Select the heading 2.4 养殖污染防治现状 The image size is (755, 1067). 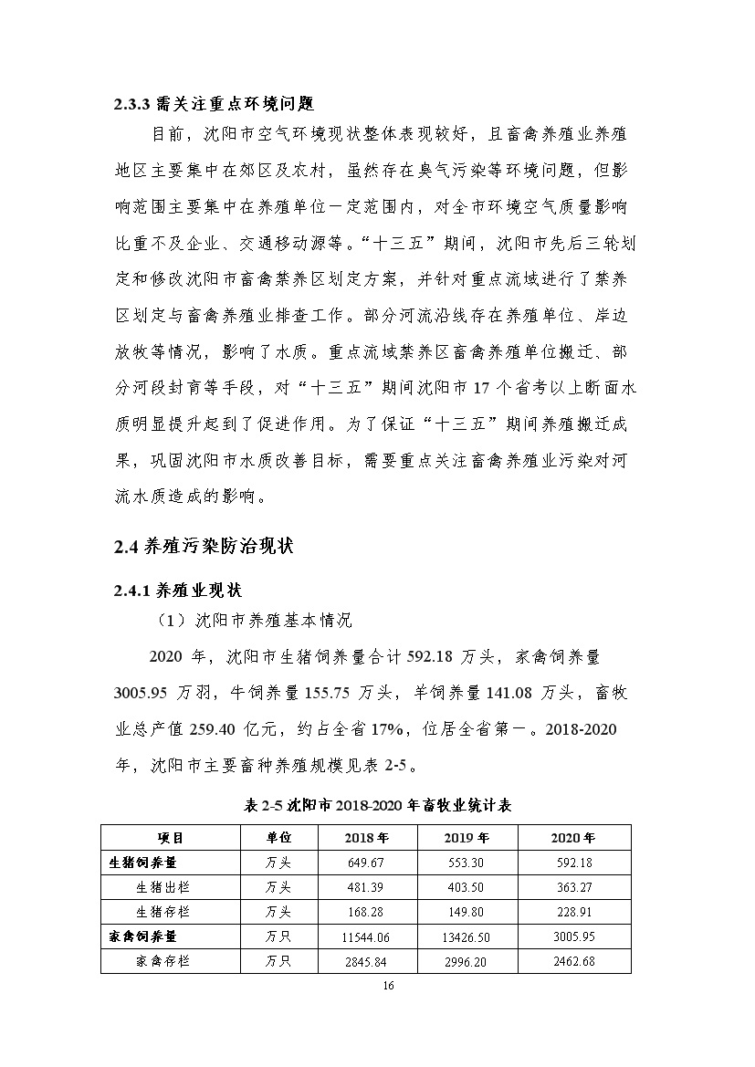(x=203, y=548)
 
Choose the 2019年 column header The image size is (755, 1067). (x=467, y=838)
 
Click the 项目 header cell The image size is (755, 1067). (x=171, y=838)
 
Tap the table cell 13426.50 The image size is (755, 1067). (x=467, y=936)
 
